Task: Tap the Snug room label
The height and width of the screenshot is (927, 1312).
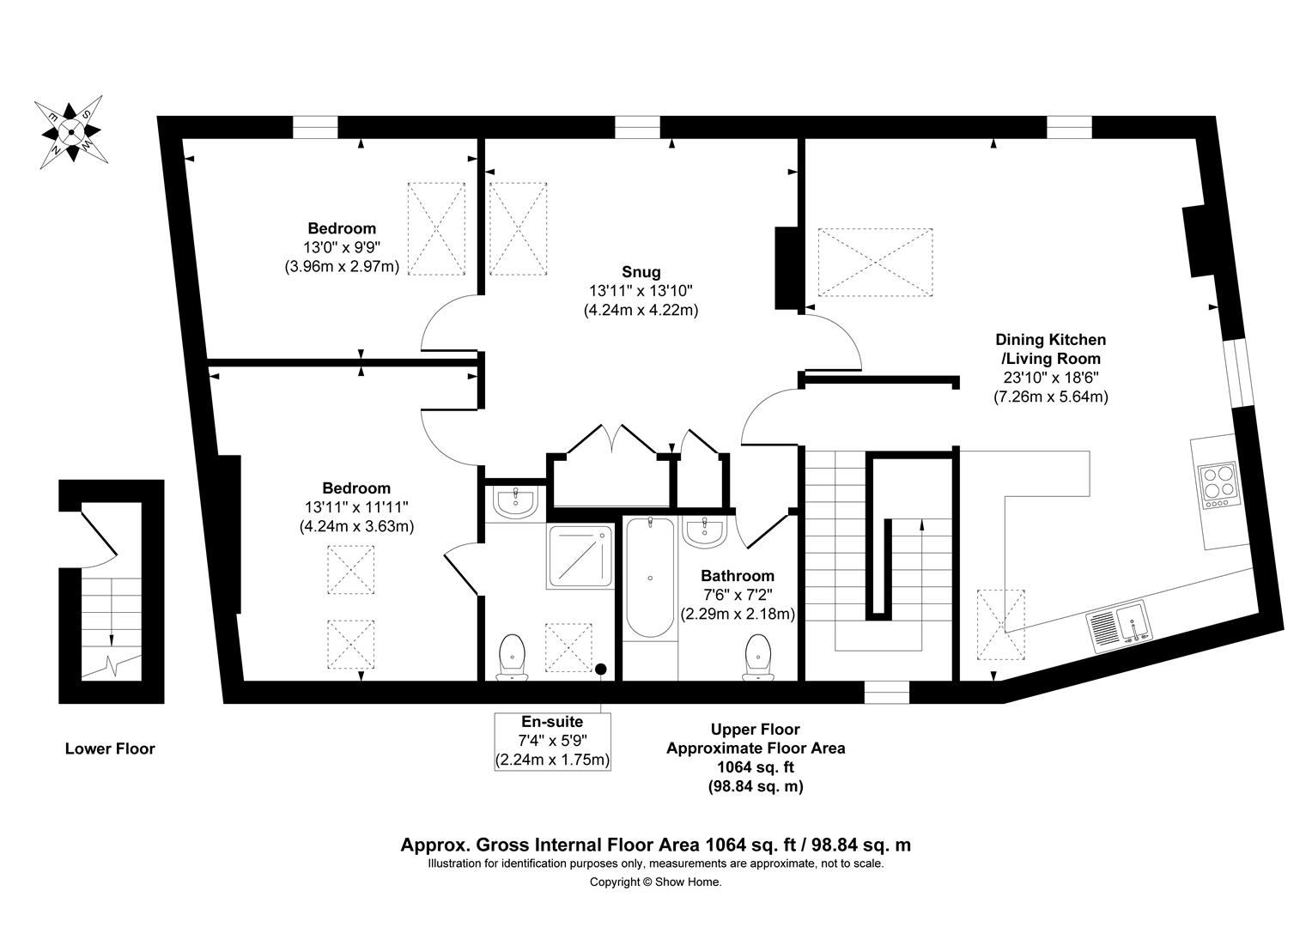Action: pyautogui.click(x=642, y=272)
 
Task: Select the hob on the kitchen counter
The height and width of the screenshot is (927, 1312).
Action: pyautogui.click(x=1218, y=486)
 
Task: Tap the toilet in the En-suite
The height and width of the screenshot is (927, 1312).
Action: pyautogui.click(x=513, y=657)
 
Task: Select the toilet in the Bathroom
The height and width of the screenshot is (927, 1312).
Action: pyautogui.click(x=757, y=657)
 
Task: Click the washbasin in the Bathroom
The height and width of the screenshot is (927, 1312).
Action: pyautogui.click(x=705, y=530)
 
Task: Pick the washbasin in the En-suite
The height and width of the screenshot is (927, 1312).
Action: pyautogui.click(x=515, y=503)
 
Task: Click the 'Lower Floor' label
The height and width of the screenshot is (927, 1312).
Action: pyautogui.click(x=110, y=748)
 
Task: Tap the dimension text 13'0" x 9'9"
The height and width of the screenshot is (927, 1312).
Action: pyautogui.click(x=342, y=247)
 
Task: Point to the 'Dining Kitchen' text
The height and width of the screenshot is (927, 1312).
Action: pyautogui.click(x=1050, y=340)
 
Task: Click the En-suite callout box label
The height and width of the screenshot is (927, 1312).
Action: pyautogui.click(x=552, y=722)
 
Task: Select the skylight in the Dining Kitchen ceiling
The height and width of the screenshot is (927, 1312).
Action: pyautogui.click(x=875, y=263)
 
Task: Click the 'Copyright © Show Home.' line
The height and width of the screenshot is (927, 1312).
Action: pyautogui.click(x=655, y=882)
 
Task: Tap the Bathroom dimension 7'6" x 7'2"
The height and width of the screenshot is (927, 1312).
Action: pyautogui.click(x=737, y=595)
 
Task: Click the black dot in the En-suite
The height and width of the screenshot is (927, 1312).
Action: pyautogui.click(x=601, y=668)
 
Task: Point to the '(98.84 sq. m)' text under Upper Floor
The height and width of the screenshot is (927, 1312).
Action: pyautogui.click(x=756, y=786)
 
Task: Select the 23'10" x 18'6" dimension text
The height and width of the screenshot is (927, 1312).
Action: pyautogui.click(x=1050, y=378)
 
